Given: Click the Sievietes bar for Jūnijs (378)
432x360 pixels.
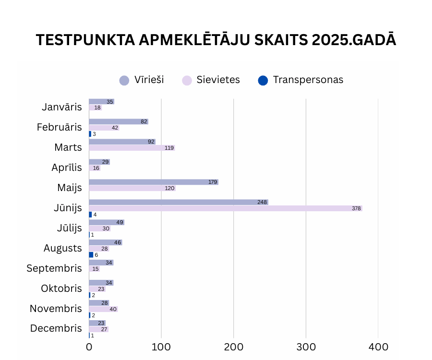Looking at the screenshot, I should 226,208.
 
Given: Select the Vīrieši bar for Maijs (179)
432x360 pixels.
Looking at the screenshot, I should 154,182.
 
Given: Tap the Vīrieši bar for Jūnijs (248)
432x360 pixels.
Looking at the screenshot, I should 179,202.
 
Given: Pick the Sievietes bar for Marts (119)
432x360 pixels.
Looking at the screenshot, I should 132,148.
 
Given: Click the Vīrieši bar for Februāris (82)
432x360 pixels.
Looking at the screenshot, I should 118,121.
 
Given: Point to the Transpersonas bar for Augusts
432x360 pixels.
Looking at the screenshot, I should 91,255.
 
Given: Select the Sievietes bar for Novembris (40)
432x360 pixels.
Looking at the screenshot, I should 103,309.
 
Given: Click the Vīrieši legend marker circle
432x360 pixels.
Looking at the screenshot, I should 124,80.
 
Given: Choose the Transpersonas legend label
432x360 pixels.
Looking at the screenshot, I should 308,80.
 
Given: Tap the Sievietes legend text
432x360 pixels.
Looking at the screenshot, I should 218,80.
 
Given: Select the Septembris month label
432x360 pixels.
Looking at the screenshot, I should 54,268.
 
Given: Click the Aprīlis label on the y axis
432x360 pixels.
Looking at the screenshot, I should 67,168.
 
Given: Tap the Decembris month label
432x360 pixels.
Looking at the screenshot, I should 56,328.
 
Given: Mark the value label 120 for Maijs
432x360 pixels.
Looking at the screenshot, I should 169,188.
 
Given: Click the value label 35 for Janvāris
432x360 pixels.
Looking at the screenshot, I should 110,102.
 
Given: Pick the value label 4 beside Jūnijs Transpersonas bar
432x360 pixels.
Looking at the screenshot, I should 95,215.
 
